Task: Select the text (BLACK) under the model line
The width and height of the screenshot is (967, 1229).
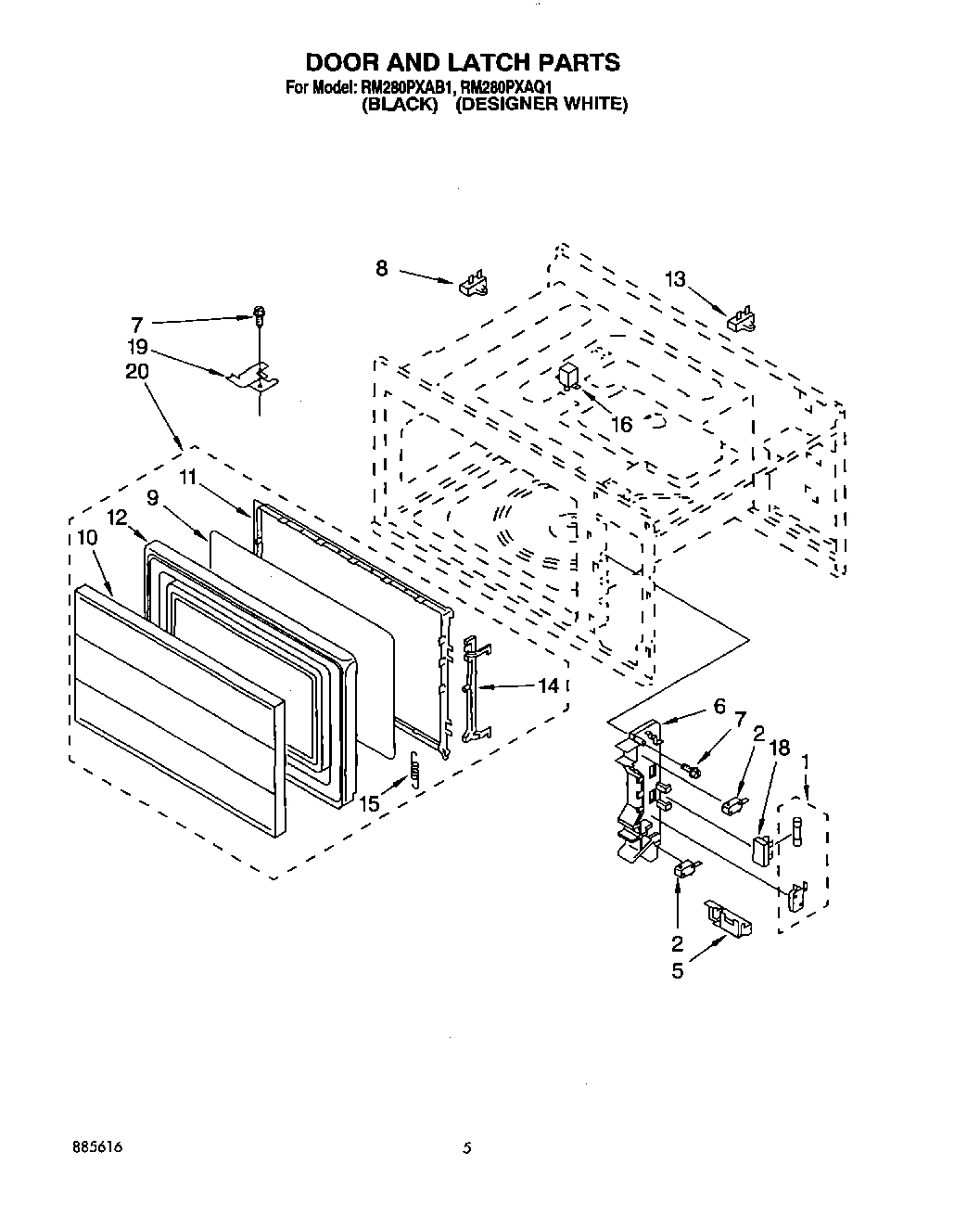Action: (x=399, y=104)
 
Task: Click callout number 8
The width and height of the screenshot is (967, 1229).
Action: (x=382, y=268)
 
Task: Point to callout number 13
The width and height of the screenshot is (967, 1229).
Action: (x=677, y=278)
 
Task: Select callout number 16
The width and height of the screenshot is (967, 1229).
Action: (x=621, y=424)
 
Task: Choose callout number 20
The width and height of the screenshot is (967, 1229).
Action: (x=135, y=371)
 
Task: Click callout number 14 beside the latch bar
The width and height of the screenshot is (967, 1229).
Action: (x=549, y=685)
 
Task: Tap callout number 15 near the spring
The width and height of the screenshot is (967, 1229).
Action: (x=370, y=804)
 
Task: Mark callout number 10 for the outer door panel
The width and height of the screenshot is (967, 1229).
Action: (x=87, y=563)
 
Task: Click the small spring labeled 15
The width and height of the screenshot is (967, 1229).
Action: (x=416, y=769)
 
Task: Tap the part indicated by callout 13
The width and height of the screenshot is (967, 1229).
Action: (x=742, y=320)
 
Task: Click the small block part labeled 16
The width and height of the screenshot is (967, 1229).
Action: (x=567, y=376)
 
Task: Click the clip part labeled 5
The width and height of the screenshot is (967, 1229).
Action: (x=728, y=915)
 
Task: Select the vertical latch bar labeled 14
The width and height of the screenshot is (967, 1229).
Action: (x=473, y=686)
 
